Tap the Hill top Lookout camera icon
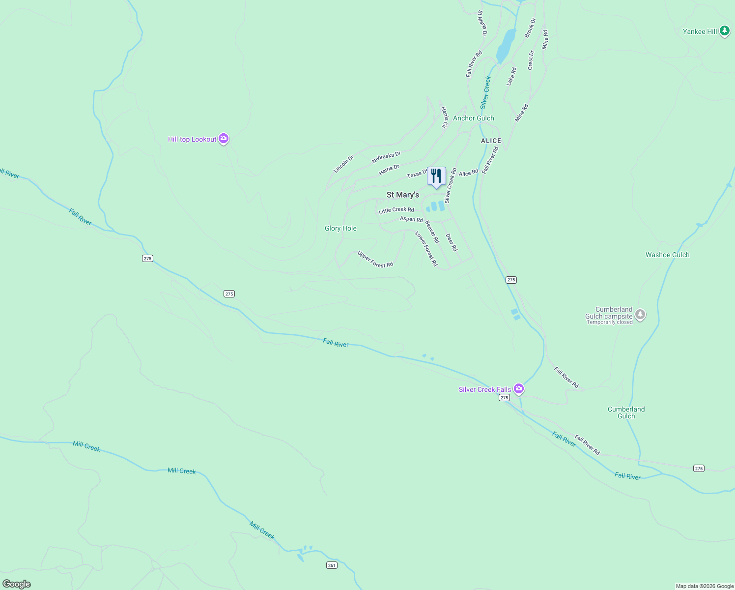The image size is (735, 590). click(x=224, y=139)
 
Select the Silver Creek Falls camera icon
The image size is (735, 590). click(x=518, y=389)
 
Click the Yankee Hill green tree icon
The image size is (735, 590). click(x=724, y=31)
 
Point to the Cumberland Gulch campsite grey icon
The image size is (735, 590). click(x=640, y=314)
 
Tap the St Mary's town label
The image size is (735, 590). click(x=402, y=195)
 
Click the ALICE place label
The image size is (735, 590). click(x=491, y=141)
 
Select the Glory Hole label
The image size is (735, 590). click(x=340, y=228)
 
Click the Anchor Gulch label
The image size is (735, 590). click(x=473, y=118)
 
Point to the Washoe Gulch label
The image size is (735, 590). click(x=667, y=255)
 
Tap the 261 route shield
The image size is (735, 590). click(x=332, y=565)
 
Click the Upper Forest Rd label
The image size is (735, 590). click(x=375, y=259)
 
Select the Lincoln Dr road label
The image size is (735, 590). click(x=343, y=164)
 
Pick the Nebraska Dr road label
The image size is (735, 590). click(x=386, y=157)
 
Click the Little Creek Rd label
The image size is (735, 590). click(x=396, y=210)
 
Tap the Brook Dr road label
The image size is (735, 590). click(x=530, y=28)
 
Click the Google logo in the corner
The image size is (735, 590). click(x=17, y=584)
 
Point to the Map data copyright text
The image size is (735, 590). click(x=705, y=586)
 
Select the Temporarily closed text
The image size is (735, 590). click(x=609, y=323)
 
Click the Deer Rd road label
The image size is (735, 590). click(x=451, y=242)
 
